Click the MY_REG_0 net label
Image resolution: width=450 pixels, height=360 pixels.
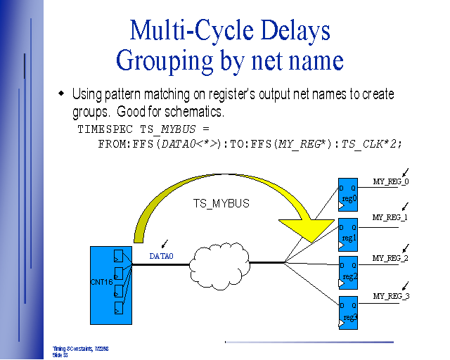(x=390, y=182)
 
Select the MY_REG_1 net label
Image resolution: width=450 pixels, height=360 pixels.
(x=390, y=217)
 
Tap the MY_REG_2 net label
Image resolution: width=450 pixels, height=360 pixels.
(x=390, y=258)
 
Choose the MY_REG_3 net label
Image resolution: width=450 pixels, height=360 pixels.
(x=391, y=296)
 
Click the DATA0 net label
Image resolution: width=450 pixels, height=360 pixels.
(x=161, y=256)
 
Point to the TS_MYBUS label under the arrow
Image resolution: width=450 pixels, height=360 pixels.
(x=221, y=203)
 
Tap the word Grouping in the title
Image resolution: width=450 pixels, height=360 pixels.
(x=165, y=60)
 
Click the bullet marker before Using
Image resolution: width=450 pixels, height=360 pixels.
(x=60, y=93)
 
